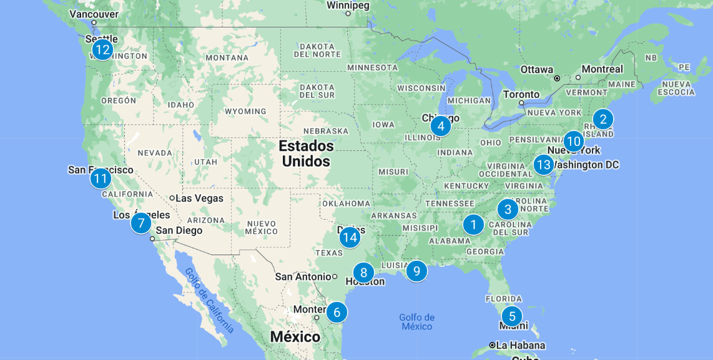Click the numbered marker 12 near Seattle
[102, 49]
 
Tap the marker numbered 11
[101, 179]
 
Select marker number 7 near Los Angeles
[141, 222]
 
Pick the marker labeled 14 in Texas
[350, 237]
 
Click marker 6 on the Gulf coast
[337, 312]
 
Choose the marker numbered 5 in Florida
[512, 316]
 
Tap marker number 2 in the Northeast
[602, 119]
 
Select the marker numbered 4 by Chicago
[441, 126]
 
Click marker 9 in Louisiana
[416, 271]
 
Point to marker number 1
[473, 224]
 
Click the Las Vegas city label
[199, 198]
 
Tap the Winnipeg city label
[348, 6]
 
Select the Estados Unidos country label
[306, 153]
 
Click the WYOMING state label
[245, 112]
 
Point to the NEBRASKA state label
[326, 131]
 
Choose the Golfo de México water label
[416, 322]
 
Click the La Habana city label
[521, 345]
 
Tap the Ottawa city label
[537, 69]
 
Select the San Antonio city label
[303, 276]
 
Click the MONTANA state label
[227, 58]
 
